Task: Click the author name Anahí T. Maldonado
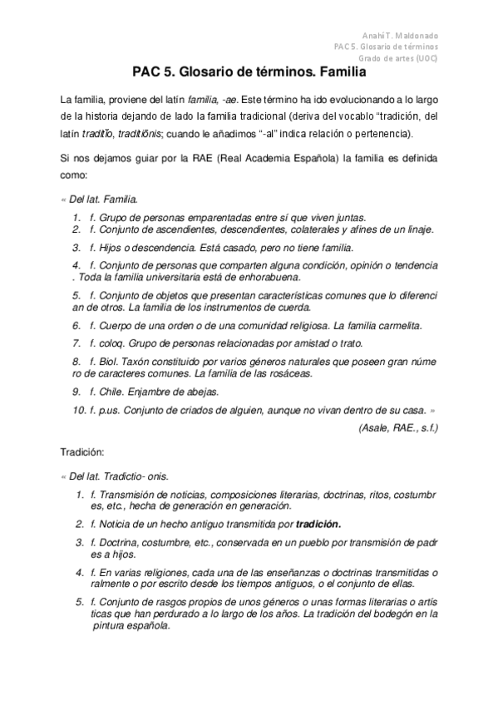click(x=402, y=37)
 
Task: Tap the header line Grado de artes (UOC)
click(x=399, y=58)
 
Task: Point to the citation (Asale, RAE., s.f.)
click(x=397, y=427)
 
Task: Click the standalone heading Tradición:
click(x=81, y=453)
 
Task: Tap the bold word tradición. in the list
click(x=318, y=525)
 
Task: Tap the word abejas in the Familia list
click(x=202, y=391)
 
